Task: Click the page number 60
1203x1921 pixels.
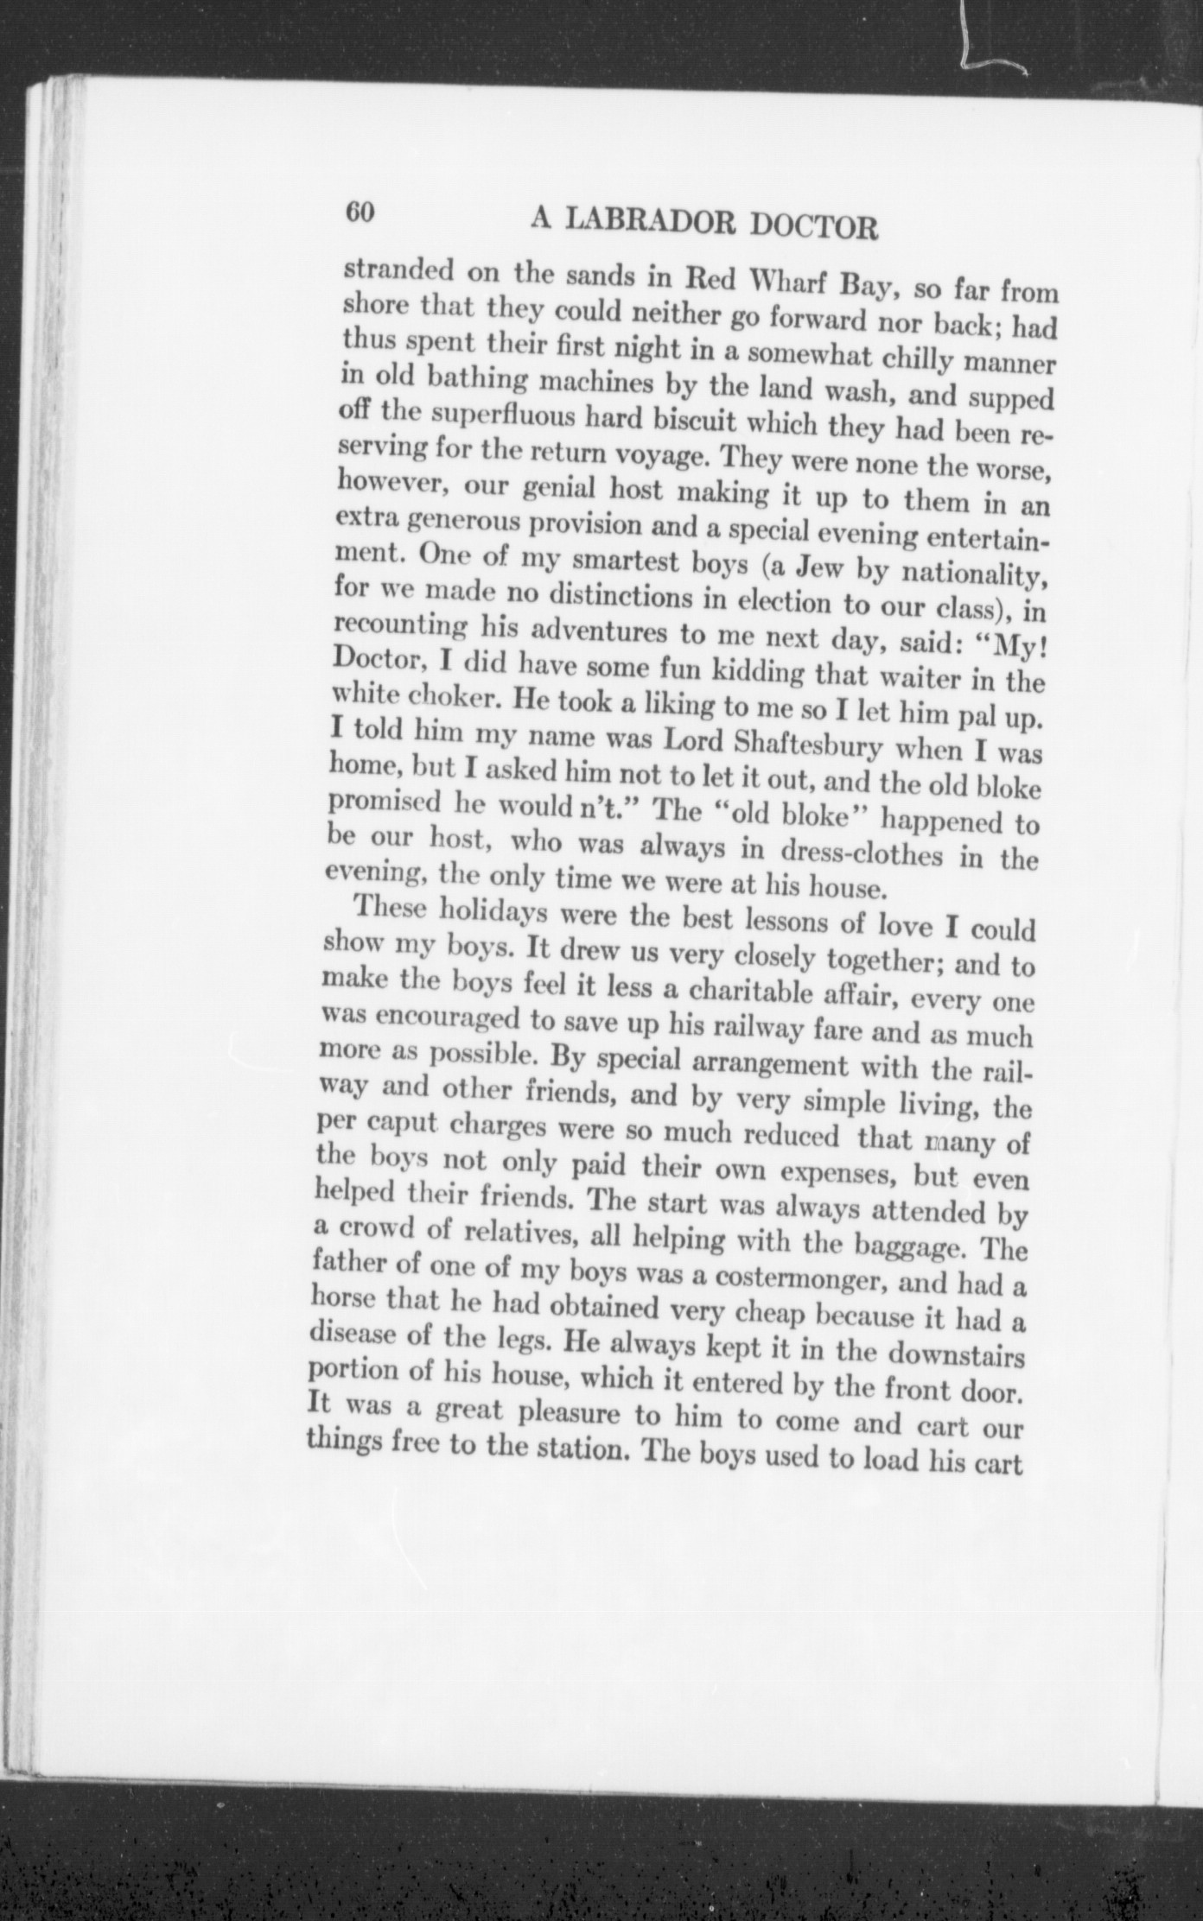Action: coord(359,212)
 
